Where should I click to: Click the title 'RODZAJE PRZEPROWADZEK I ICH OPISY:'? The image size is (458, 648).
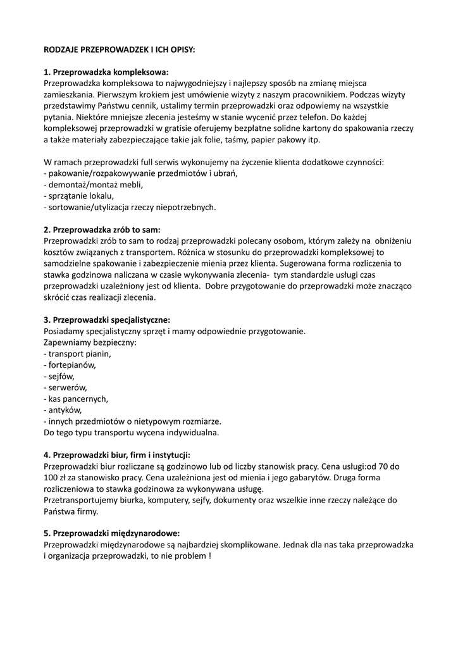pyautogui.click(x=119, y=49)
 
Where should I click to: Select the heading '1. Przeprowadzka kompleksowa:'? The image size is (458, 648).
pyautogui.click(x=106, y=72)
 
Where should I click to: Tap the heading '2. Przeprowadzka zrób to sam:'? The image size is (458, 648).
pyautogui.click(x=102, y=229)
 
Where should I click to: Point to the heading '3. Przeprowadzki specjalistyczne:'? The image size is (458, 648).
pyautogui.click(x=106, y=320)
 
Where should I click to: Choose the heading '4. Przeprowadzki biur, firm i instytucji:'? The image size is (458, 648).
pyautogui.click(x=116, y=455)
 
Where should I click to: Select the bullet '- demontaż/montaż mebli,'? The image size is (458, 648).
pyautogui.click(x=93, y=185)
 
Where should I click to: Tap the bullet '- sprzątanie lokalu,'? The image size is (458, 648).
pyautogui.click(x=78, y=196)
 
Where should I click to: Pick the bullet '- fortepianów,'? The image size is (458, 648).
pyautogui.click(x=70, y=365)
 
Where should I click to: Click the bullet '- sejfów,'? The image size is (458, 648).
pyautogui.click(x=59, y=376)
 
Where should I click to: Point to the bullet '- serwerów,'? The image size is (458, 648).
pyautogui.click(x=65, y=387)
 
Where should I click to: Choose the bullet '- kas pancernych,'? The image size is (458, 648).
pyautogui.click(x=76, y=399)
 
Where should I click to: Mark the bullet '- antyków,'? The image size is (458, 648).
pyautogui.click(x=63, y=410)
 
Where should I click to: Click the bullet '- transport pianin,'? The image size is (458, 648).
pyautogui.click(x=77, y=354)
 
